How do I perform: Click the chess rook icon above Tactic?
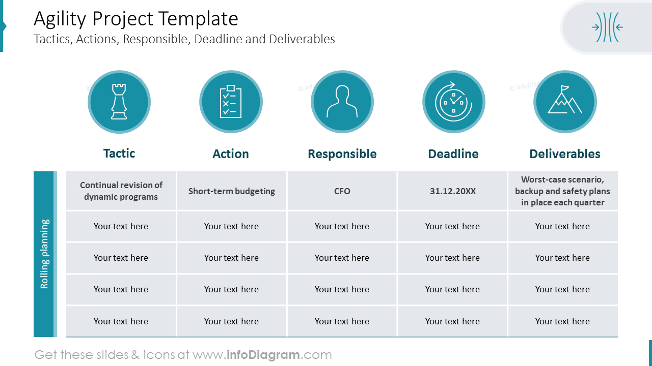119,102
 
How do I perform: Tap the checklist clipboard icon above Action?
231,102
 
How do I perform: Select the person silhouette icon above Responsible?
342,102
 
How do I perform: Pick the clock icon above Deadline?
453,102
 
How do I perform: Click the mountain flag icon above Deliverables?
565,102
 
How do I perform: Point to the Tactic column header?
119,154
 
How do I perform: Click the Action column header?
231,154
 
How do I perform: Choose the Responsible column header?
342,154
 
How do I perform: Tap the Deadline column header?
453,154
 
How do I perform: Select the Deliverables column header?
565,154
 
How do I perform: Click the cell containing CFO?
342,191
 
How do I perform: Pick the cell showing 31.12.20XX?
453,191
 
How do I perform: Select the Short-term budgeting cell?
232,191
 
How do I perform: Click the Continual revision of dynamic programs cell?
121,191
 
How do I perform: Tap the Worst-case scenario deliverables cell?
563,191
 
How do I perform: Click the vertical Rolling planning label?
44,254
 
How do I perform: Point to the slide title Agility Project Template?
136,19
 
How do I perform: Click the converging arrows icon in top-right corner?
607,27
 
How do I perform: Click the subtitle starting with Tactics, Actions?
184,39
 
